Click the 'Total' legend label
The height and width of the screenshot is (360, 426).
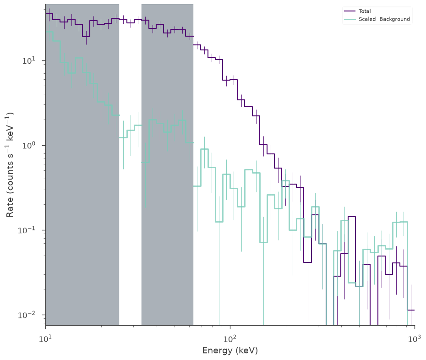[365, 11]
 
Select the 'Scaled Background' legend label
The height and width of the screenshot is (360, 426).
[384, 19]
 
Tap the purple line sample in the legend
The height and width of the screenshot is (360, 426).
[350, 11]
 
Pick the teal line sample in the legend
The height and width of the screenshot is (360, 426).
[350, 19]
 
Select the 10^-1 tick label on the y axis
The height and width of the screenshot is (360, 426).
[27, 230]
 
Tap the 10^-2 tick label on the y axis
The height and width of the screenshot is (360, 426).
[27, 315]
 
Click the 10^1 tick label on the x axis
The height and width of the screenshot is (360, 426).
[46, 339]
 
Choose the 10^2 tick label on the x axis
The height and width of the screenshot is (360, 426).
[230, 339]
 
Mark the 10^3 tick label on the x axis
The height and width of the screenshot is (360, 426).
[415, 339]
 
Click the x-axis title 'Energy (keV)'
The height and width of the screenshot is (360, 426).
[230, 350]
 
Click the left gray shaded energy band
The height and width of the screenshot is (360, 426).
[82, 164]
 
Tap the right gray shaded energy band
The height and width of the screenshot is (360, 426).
[167, 164]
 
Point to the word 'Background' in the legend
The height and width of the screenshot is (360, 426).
[394, 19]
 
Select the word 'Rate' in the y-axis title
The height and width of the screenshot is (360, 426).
[10, 207]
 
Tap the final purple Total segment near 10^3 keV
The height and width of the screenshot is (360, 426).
[411, 310]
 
